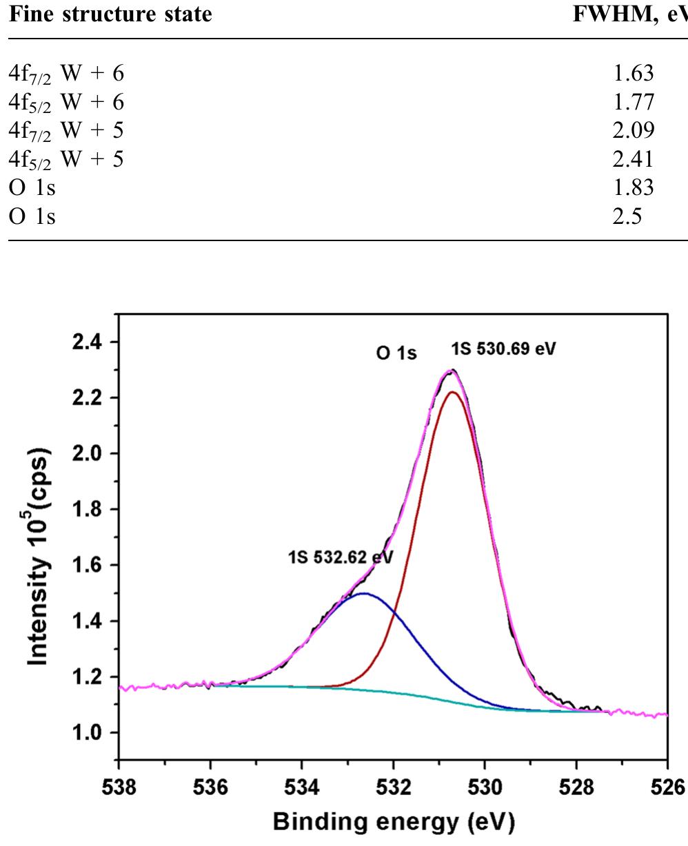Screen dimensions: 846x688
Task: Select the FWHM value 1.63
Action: (x=632, y=72)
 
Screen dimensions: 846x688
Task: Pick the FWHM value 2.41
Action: (x=632, y=159)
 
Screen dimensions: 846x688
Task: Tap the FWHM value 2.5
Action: (x=627, y=216)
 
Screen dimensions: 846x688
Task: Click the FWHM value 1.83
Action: (x=632, y=188)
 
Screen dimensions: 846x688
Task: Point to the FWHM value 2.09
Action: (x=632, y=130)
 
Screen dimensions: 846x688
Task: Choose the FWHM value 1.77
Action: (x=632, y=101)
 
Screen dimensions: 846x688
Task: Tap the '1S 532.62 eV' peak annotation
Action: (x=341, y=557)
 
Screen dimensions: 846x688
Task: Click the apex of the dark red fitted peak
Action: (x=453, y=392)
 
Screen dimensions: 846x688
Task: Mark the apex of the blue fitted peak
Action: (x=364, y=593)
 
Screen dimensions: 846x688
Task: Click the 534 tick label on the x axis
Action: (x=301, y=786)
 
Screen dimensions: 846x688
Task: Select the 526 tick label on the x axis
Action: (x=667, y=786)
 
